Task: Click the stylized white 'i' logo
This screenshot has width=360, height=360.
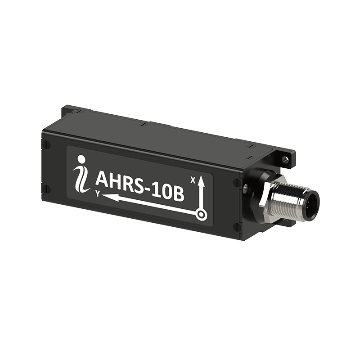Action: tap(81, 175)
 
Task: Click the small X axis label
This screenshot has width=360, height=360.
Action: tap(193, 180)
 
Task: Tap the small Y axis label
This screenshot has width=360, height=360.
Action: tap(98, 194)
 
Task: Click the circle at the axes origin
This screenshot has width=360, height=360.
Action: tap(201, 215)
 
